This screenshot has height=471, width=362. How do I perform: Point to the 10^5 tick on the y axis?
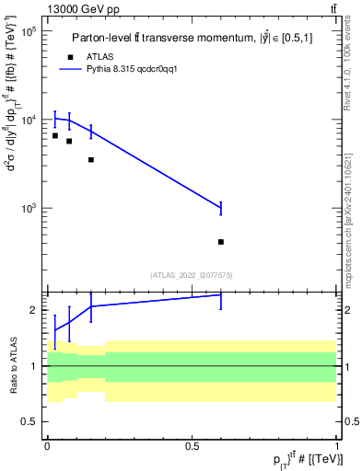point(28,31)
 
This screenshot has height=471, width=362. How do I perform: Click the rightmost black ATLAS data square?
point(221,242)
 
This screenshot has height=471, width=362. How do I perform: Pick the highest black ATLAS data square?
point(55,135)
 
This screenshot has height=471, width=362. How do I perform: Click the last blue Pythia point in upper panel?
point(221,209)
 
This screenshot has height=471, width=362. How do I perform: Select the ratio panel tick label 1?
point(34,366)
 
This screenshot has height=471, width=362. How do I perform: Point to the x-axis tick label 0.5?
point(193,446)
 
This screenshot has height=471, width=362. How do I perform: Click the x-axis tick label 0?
point(47,446)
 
